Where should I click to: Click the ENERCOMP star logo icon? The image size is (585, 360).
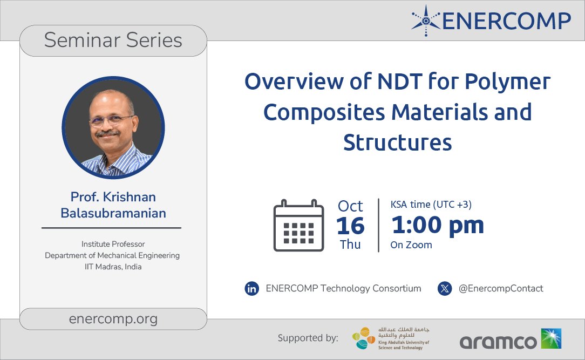click(425, 20)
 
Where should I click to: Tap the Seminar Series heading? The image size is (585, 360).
click(113, 40)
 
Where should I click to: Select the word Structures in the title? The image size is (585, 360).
click(397, 142)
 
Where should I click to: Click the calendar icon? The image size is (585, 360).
click(298, 225)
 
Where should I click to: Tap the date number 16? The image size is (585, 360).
click(350, 226)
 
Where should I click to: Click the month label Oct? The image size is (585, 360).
click(350, 206)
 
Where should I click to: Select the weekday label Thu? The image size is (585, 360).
click(350, 244)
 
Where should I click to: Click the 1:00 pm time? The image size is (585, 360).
click(437, 225)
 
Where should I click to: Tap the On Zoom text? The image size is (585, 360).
click(411, 245)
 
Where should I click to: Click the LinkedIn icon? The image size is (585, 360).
click(251, 289)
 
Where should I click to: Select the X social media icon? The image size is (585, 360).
click(445, 289)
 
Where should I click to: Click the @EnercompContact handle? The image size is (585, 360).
click(500, 289)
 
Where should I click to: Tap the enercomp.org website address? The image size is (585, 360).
click(113, 319)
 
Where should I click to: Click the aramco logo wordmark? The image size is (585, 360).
click(498, 341)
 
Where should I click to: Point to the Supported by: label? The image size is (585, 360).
click(308, 338)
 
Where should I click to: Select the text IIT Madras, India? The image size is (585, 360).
click(112, 267)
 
